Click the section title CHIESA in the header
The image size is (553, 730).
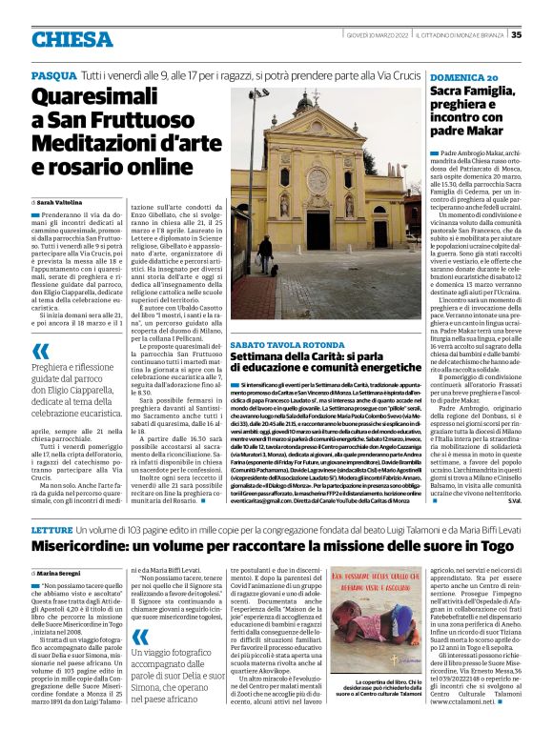click(x=72, y=38)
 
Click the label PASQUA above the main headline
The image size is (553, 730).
click(x=53, y=74)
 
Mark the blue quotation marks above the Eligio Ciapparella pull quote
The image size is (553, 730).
click(x=39, y=352)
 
